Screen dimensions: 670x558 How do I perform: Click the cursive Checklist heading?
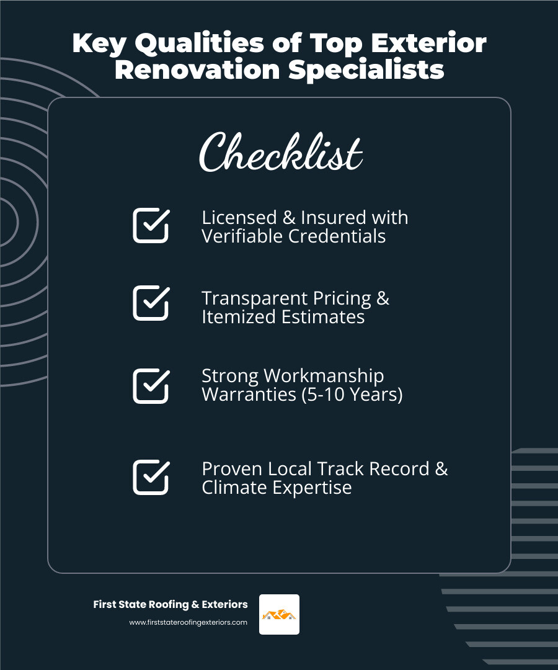280,153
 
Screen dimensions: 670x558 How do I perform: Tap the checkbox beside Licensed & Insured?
151,225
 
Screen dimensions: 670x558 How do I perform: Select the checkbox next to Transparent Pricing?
151,303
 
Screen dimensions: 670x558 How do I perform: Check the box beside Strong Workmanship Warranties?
151,386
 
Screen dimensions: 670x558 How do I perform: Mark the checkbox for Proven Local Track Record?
151,477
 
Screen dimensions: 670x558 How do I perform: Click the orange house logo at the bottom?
279,614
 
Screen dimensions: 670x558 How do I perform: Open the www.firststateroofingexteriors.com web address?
188,622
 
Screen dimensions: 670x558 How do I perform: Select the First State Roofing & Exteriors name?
170,604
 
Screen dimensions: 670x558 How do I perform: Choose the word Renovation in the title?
198,69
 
